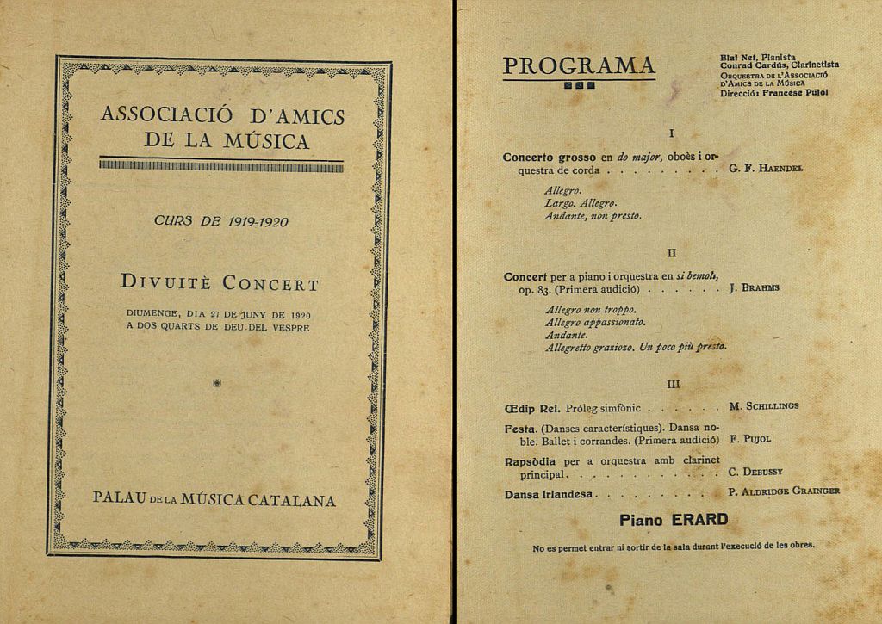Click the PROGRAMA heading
tap(579, 65)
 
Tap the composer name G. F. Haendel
tap(766, 169)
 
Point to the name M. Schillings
tap(763, 405)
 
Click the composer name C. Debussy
tap(755, 472)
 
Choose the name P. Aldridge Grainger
tap(784, 491)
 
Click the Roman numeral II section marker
tap(673, 252)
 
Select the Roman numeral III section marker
tap(674, 383)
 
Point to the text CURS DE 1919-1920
tap(220, 221)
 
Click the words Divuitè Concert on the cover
tap(220, 283)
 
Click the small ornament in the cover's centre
tap(215, 383)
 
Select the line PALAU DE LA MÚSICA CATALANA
tap(214, 500)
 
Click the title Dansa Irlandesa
tap(550, 494)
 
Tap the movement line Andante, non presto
tap(593, 216)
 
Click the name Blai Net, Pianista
tap(757, 57)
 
